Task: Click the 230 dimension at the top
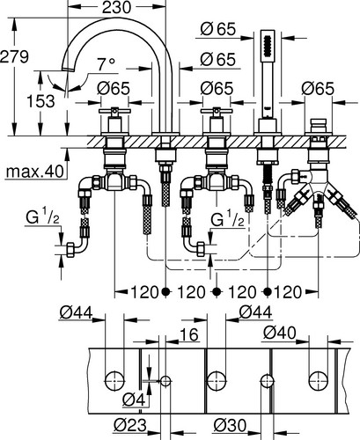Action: (x=116, y=7)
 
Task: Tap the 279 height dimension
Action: (x=14, y=56)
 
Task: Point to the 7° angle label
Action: (x=107, y=64)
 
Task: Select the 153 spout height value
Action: (x=40, y=101)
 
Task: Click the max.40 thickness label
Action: (x=34, y=172)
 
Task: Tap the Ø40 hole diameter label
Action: (x=280, y=333)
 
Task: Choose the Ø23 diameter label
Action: (x=129, y=425)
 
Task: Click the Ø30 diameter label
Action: (x=230, y=425)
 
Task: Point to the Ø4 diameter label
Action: (x=134, y=400)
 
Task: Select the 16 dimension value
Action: (x=189, y=334)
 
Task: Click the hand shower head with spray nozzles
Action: (x=268, y=47)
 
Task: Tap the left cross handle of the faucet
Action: (x=114, y=111)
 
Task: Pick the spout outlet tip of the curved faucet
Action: (x=67, y=70)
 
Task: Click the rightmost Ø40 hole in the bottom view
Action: (x=319, y=381)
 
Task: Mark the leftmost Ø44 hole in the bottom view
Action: (x=114, y=381)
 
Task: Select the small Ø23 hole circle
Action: (x=165, y=381)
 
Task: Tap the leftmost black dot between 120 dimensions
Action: (x=165, y=291)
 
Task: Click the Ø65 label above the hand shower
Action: (x=218, y=29)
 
